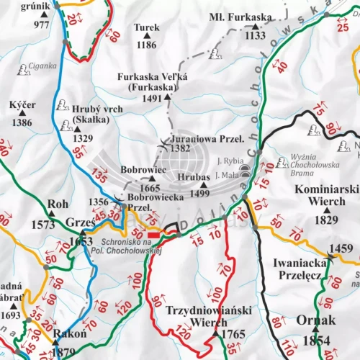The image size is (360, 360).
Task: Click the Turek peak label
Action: click(145, 27)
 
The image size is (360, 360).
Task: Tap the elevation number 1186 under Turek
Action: click(145, 45)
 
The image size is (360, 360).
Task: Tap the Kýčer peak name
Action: click(22, 105)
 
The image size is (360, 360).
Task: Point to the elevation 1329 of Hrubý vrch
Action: click(83, 138)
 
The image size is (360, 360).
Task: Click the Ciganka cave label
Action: click(42, 66)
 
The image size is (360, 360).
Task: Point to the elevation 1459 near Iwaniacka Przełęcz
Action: click(341, 249)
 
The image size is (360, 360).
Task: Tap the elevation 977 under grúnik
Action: click(41, 24)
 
